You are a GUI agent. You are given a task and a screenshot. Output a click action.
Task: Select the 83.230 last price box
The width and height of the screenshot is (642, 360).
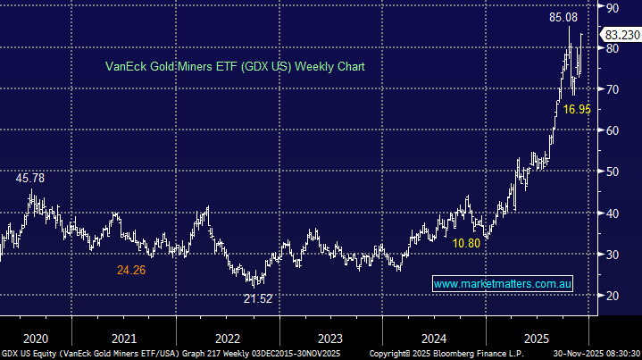(x=621, y=35)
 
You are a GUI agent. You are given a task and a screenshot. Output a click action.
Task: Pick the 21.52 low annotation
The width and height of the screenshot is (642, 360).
(x=257, y=299)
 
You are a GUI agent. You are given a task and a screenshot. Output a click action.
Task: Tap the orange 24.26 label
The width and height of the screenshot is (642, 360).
(x=132, y=267)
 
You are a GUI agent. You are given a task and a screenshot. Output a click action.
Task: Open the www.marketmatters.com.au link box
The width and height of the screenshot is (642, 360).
(x=502, y=284)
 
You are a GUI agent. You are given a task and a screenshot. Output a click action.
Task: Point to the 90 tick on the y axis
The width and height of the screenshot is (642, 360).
(x=613, y=7)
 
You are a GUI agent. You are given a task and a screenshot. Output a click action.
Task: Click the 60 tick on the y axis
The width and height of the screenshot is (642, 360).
(x=613, y=130)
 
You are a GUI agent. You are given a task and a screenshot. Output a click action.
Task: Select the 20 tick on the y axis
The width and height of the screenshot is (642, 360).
(x=613, y=296)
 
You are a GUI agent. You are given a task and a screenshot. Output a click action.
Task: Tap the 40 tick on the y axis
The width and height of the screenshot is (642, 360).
(x=613, y=213)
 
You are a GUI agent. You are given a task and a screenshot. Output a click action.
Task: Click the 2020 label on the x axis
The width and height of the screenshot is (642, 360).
(x=36, y=339)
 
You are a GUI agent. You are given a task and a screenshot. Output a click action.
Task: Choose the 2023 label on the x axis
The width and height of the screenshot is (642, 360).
(x=330, y=339)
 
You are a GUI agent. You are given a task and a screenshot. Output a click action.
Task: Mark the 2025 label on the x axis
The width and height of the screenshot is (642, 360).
(x=536, y=339)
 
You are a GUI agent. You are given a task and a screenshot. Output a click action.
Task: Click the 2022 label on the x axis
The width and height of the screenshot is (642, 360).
(x=228, y=339)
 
